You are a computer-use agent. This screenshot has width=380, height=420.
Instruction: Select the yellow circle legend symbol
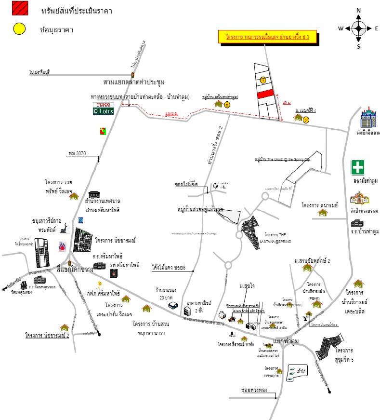(19, 28)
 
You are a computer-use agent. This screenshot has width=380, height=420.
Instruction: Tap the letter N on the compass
(358, 11)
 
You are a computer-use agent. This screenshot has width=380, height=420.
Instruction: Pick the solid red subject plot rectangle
(265, 95)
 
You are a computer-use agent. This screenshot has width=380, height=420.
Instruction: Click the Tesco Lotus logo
(104, 108)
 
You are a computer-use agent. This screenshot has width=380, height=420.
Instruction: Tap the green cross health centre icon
(357, 167)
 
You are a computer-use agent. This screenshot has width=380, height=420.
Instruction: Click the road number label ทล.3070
(77, 154)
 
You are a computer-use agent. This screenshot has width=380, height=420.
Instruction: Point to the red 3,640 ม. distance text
(171, 114)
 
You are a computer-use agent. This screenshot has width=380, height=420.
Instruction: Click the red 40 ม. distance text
(287, 103)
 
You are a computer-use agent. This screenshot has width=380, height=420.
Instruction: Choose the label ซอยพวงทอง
(256, 389)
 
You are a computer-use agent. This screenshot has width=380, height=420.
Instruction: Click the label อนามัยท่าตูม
(365, 181)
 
